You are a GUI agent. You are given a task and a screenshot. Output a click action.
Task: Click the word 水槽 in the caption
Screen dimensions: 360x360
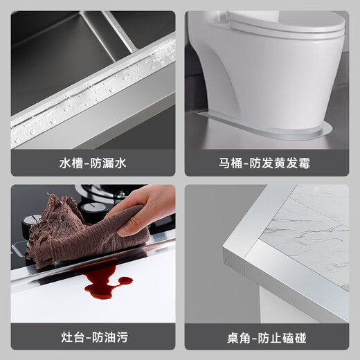click(70, 164)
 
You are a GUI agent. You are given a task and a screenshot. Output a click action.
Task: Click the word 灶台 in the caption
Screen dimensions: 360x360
click(70, 338)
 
